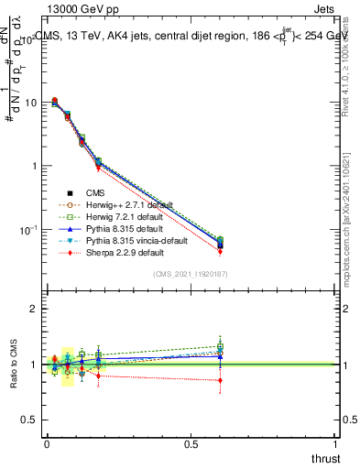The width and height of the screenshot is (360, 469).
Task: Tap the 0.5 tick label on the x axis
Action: [191, 444]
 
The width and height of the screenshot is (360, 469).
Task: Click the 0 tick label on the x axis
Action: [47, 444]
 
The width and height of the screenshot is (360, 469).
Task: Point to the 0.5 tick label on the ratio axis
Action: [25, 420]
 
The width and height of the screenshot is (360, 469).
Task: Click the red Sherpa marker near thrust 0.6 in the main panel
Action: [220, 251]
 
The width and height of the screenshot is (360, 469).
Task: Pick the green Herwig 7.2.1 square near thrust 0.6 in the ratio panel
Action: [220, 346]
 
